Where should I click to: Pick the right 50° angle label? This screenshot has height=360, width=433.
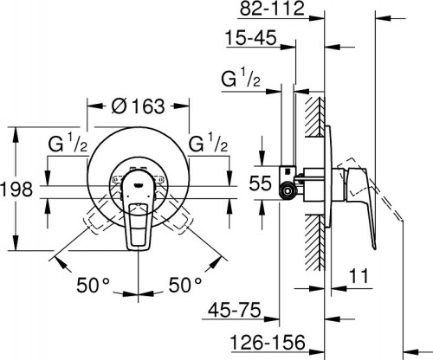coord(186,283)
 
